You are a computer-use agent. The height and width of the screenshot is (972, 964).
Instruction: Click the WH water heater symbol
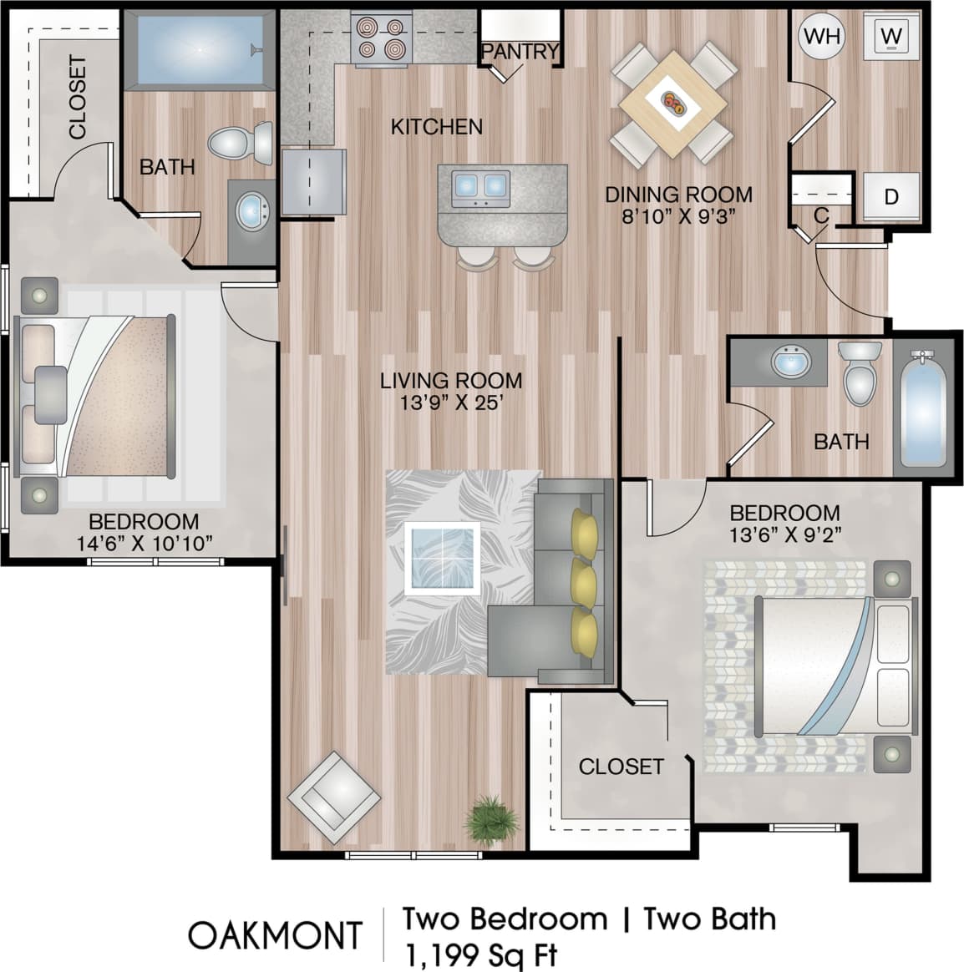click(821, 36)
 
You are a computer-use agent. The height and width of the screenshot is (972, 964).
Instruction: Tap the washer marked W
click(892, 36)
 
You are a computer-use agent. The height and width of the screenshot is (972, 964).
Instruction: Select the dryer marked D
click(891, 197)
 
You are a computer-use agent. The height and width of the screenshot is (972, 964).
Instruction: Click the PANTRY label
click(520, 52)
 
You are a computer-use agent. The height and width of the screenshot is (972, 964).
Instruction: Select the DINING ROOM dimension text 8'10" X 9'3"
click(678, 215)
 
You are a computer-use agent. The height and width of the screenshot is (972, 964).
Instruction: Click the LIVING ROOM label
click(451, 381)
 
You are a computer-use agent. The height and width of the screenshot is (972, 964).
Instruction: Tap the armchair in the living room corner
click(333, 794)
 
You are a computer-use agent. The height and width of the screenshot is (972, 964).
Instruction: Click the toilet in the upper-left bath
click(241, 143)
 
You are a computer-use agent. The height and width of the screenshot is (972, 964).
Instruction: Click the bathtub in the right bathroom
click(922, 409)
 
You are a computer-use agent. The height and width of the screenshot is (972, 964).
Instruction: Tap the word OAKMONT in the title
click(275, 935)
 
